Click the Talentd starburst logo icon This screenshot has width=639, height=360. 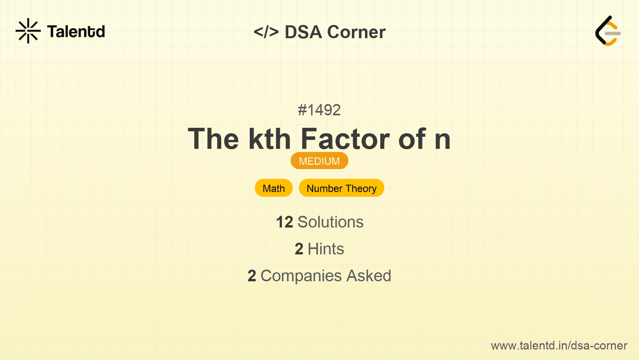[x=28, y=31]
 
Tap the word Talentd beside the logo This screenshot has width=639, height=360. [x=76, y=32]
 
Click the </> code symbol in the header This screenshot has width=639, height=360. [x=266, y=32]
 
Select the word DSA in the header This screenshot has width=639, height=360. [x=304, y=32]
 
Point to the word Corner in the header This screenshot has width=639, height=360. [x=357, y=32]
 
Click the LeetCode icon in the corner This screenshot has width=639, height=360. [x=608, y=31]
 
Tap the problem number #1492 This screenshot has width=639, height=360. [x=319, y=110]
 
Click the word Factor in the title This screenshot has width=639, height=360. [x=345, y=139]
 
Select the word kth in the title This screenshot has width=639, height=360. [x=270, y=139]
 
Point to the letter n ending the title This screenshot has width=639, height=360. [x=443, y=140]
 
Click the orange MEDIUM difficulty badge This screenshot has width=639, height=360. [x=319, y=161]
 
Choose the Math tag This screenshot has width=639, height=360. [x=274, y=188]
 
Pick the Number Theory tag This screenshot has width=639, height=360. [x=341, y=188]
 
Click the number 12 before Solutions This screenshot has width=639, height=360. [x=284, y=222]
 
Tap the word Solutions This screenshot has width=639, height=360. [x=330, y=222]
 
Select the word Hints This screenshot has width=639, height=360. [x=326, y=249]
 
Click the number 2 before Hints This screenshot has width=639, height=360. [x=299, y=249]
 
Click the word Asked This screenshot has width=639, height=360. [x=369, y=276]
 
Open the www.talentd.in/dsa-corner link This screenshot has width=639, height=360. [x=559, y=346]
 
